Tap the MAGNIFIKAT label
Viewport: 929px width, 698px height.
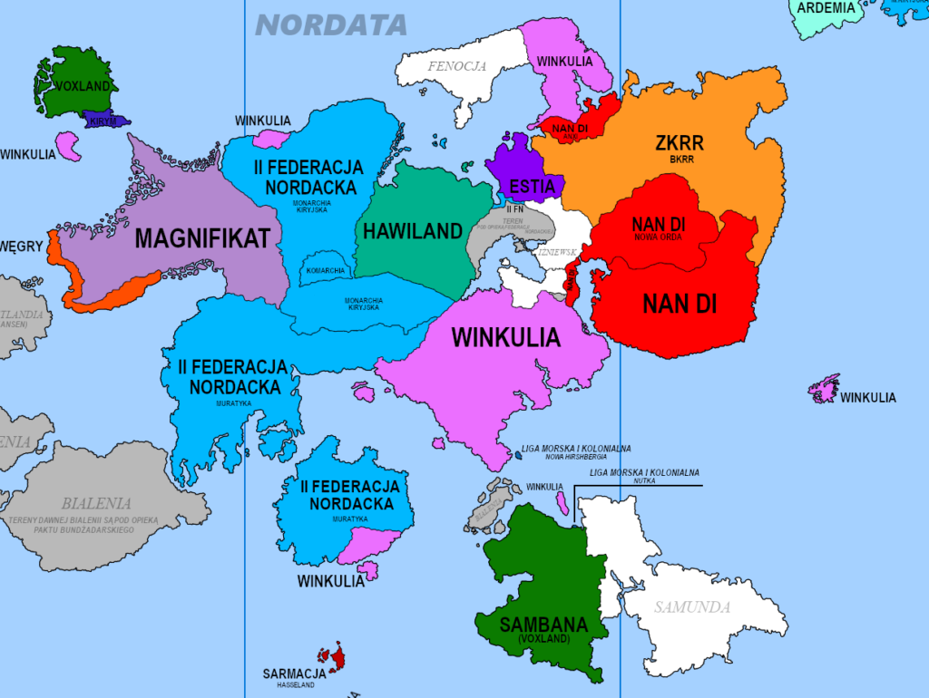click(x=203, y=238)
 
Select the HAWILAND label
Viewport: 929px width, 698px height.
click(x=413, y=231)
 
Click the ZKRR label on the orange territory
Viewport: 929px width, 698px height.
click(x=680, y=142)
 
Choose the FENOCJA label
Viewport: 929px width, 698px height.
click(x=457, y=65)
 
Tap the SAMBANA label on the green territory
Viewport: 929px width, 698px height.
click(x=543, y=625)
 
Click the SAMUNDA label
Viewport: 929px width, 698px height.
click(x=692, y=607)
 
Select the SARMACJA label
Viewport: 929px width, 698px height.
click(x=294, y=674)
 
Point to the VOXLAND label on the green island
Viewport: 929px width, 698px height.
click(x=83, y=86)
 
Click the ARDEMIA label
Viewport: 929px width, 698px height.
click(x=826, y=7)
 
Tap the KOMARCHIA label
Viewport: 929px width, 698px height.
click(x=325, y=271)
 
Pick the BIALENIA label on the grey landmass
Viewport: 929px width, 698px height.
click(x=96, y=503)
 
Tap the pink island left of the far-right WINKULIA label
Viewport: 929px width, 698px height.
click(x=825, y=388)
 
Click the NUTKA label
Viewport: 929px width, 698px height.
click(x=644, y=480)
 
